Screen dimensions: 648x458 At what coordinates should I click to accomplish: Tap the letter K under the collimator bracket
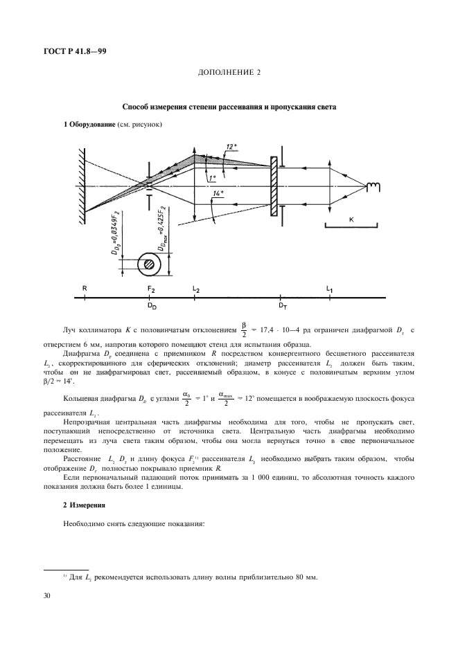click(351, 219)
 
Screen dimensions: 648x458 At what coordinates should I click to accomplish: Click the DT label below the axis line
click(283, 305)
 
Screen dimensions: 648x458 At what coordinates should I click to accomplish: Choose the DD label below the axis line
click(152, 305)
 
